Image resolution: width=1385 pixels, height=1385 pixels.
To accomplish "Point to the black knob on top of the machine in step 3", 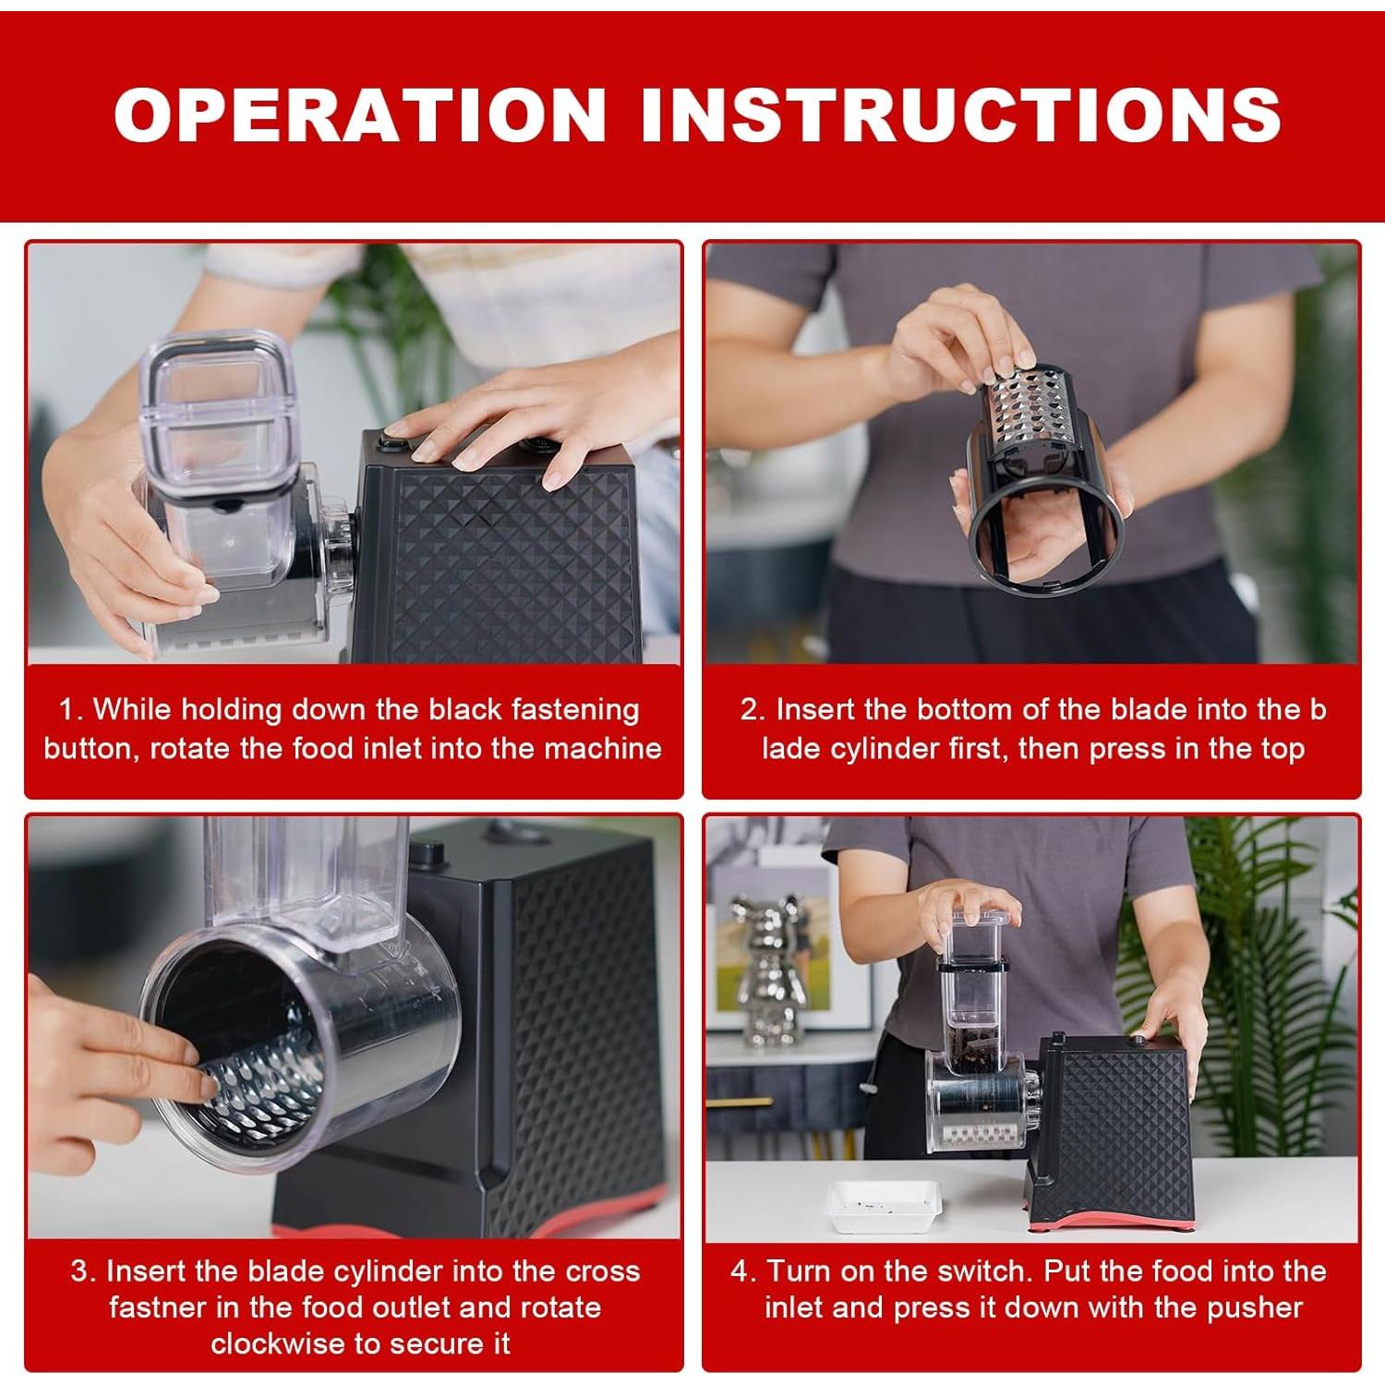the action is click(428, 854).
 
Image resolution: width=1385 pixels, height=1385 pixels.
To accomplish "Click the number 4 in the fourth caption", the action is click(740, 1271).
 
